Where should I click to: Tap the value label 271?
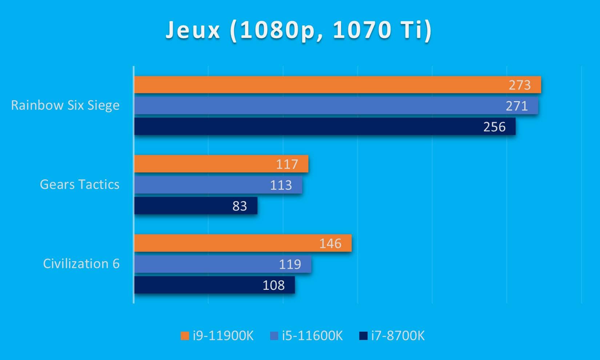(x=516, y=106)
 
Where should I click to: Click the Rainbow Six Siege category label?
(x=65, y=105)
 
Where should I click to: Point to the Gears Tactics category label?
(x=80, y=184)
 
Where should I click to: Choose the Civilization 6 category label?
(x=81, y=264)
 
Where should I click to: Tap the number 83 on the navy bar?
(x=240, y=206)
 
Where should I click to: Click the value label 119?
(x=290, y=264)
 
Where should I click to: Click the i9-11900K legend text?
(x=223, y=336)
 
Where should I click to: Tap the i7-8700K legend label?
(x=398, y=336)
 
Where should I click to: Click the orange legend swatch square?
(x=185, y=336)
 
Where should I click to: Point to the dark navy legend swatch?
(x=363, y=336)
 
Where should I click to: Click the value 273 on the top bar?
(x=519, y=85)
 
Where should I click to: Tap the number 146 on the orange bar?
(x=330, y=243)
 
